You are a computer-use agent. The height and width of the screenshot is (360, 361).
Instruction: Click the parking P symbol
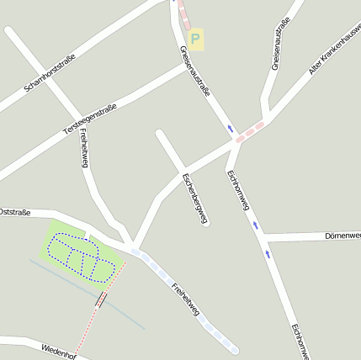(x=195, y=38)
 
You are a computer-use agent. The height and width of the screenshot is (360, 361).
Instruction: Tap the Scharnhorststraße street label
(x=50, y=72)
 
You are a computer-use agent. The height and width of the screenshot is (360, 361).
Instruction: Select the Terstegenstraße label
(x=90, y=119)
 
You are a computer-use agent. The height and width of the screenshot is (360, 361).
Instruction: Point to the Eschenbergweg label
(x=194, y=199)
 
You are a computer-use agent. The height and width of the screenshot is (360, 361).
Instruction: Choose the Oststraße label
(x=15, y=211)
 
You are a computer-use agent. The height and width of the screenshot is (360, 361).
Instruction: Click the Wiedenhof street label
(x=59, y=349)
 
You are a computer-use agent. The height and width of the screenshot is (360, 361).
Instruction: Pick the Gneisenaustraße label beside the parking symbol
(x=194, y=72)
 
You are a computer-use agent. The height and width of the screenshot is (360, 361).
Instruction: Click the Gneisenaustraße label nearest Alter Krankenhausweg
(x=277, y=48)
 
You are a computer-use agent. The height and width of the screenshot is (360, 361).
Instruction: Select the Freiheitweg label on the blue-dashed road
(x=186, y=301)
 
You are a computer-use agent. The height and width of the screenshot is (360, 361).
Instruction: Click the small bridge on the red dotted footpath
(x=102, y=299)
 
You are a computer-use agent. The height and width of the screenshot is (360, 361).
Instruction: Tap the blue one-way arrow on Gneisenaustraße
(x=231, y=129)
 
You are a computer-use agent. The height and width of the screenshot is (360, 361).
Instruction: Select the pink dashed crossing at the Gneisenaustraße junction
(x=251, y=131)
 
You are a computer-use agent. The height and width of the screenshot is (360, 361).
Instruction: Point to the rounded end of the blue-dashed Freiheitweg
(x=233, y=349)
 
